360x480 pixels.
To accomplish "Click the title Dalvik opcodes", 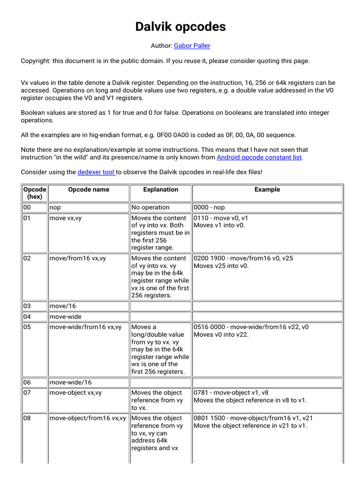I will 180,27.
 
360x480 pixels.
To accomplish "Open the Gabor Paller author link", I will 192,45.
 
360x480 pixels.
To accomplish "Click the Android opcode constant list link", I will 259,157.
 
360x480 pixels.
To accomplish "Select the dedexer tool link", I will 96,172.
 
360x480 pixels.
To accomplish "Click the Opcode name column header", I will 88,189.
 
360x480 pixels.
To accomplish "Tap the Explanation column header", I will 160,189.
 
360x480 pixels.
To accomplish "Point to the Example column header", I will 267,189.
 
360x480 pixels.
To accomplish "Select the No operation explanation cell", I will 150,207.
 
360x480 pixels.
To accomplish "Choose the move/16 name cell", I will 62,306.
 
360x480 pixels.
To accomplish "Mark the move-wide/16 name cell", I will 71,382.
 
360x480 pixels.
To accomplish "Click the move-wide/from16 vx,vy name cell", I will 85,327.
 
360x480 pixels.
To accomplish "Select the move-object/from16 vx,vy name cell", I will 88,418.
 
